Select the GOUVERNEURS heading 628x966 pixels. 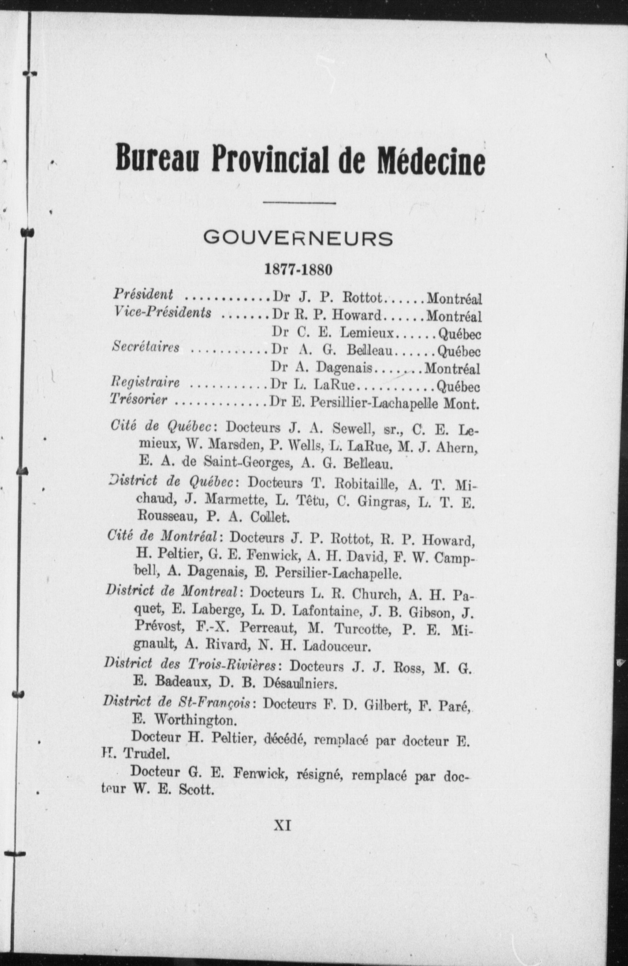(x=298, y=238)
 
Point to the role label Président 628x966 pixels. (x=143, y=295)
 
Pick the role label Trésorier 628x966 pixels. (x=140, y=400)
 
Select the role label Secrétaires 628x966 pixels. (x=146, y=347)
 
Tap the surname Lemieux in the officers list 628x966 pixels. (x=368, y=333)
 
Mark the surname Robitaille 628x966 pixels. (x=366, y=483)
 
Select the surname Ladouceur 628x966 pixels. (x=338, y=645)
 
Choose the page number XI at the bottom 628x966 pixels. (x=282, y=825)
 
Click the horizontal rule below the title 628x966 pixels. (x=299, y=203)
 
